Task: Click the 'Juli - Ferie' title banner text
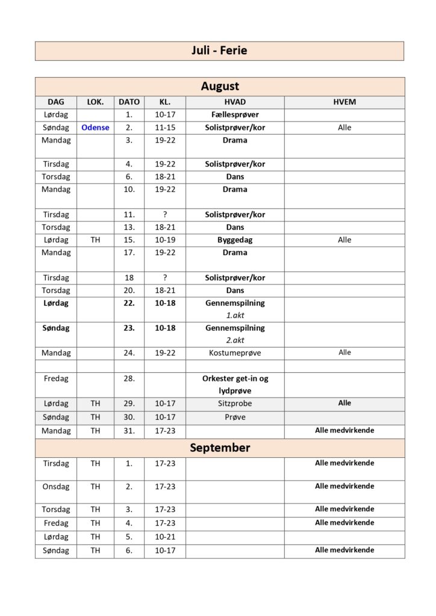pyautogui.click(x=219, y=51)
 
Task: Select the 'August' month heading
pyautogui.click(x=220, y=87)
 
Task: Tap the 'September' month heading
pyautogui.click(x=220, y=448)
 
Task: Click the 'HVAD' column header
pyautogui.click(x=235, y=102)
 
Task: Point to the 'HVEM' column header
pyautogui.click(x=344, y=102)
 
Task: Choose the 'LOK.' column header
pyautogui.click(x=95, y=102)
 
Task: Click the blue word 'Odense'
pyautogui.click(x=95, y=128)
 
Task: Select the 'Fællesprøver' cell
pyautogui.click(x=235, y=114)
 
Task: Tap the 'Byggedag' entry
pyautogui.click(x=235, y=240)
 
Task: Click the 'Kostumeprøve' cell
pyautogui.click(x=235, y=353)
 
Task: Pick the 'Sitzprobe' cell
pyautogui.click(x=235, y=404)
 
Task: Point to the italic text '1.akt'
pyautogui.click(x=235, y=315)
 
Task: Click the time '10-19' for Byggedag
pyautogui.click(x=165, y=240)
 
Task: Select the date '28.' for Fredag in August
pyautogui.click(x=129, y=379)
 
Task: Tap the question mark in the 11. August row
pyautogui.click(x=165, y=215)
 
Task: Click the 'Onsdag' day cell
pyautogui.click(x=56, y=487)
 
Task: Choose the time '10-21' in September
pyautogui.click(x=165, y=537)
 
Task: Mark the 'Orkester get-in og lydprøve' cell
pyautogui.click(x=235, y=385)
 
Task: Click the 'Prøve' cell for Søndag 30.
pyautogui.click(x=235, y=417)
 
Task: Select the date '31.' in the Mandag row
pyautogui.click(x=129, y=431)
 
